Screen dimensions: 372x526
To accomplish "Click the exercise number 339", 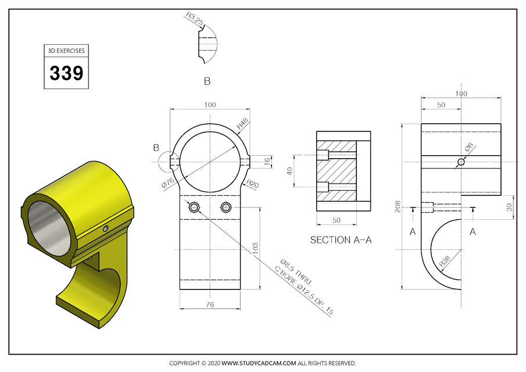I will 66,73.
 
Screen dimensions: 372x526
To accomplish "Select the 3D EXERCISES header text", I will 66,51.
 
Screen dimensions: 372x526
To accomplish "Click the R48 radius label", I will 242,123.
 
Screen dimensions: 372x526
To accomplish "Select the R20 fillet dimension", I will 252,184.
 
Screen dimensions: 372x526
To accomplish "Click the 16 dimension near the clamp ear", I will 267,161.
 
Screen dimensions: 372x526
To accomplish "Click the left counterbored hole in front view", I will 194,208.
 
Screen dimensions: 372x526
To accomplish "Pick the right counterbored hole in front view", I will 227,208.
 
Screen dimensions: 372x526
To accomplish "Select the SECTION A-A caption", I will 341,239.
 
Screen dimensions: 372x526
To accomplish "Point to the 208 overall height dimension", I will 398,207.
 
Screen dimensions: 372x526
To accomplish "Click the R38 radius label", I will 446,263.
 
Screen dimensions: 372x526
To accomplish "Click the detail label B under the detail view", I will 207,81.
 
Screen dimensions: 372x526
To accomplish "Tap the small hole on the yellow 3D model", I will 105,228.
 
